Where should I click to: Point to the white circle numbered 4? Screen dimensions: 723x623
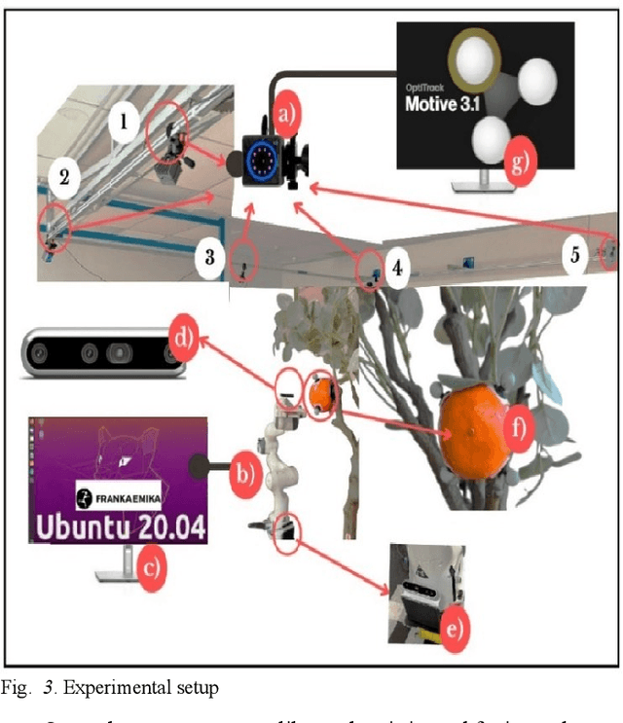tap(400, 266)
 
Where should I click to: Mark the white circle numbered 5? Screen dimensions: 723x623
tap(575, 256)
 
